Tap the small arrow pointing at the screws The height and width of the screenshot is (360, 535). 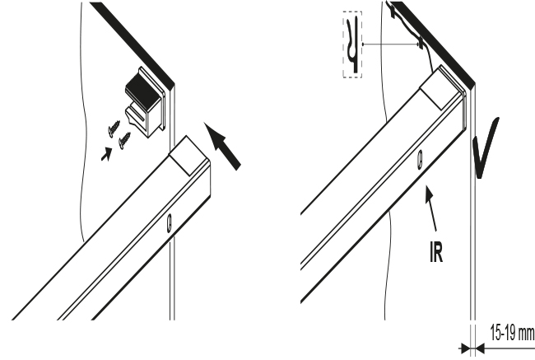pyautogui.click(x=106, y=154)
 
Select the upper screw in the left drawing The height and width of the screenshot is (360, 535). pyautogui.click(x=114, y=129)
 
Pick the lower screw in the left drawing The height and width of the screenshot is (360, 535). pyautogui.click(x=124, y=140)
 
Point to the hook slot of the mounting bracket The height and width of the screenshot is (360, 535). pyautogui.click(x=137, y=117)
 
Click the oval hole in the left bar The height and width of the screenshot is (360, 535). pyautogui.click(x=170, y=223)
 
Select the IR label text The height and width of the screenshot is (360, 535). pyautogui.click(x=436, y=252)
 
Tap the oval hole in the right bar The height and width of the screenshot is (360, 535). pyautogui.click(x=421, y=160)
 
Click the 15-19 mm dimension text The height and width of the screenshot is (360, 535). pyautogui.click(x=511, y=332)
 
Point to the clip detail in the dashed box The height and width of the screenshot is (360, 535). pyautogui.click(x=352, y=44)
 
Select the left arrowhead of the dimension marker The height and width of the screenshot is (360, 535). pyautogui.click(x=465, y=348)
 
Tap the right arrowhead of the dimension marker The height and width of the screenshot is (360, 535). pyautogui.click(x=480, y=348)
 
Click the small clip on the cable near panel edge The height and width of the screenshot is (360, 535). pyautogui.click(x=421, y=44)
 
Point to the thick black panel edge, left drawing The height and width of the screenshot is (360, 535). pyautogui.click(x=133, y=43)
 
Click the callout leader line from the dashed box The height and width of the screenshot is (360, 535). pyautogui.click(x=390, y=44)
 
